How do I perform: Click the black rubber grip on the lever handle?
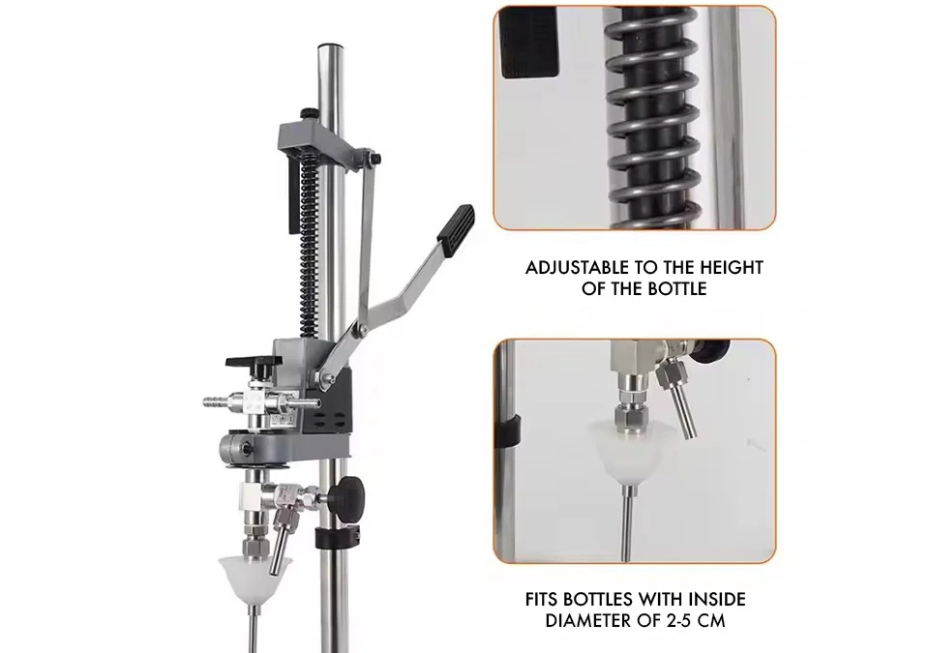456,231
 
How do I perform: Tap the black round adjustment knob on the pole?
349,491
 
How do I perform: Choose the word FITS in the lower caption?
542,599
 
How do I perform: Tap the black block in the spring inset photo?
530,44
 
